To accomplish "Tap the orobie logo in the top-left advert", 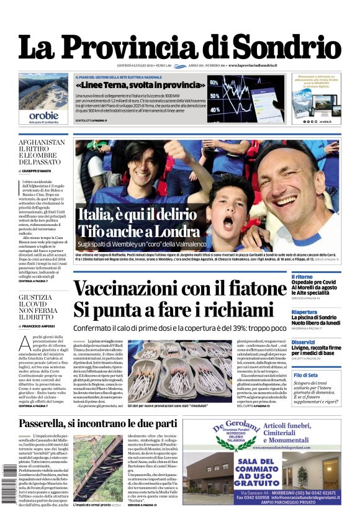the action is (43, 115).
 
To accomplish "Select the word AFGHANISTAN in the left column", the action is (42, 143).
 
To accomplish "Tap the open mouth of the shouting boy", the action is (228, 223).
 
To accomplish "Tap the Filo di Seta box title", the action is (306, 376).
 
